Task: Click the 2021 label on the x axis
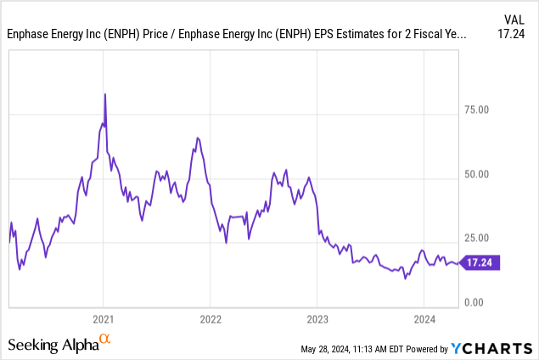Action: [x=103, y=320]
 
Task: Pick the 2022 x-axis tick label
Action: [x=210, y=320]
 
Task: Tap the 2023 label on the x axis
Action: [x=317, y=320]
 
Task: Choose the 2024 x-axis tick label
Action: [x=424, y=320]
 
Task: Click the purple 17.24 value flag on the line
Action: [x=482, y=263]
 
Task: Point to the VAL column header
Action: [x=514, y=19]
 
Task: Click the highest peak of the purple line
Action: [x=104, y=93]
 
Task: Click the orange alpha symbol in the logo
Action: [x=105, y=340]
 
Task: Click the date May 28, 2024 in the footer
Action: [x=330, y=349]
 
